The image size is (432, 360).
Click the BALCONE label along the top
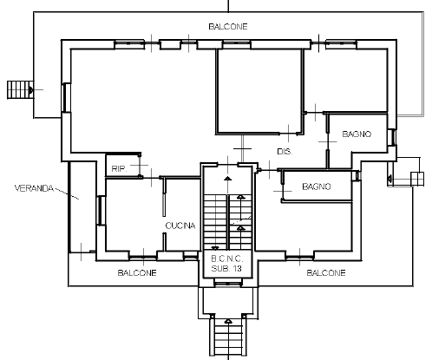point(228,27)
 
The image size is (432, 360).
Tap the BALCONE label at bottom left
point(137,272)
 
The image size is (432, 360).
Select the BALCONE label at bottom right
point(326,272)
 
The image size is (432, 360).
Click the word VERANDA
point(34,188)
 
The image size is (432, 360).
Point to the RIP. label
point(119,169)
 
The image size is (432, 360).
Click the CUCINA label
point(180,226)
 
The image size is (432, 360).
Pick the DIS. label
point(285,152)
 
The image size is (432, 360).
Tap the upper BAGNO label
point(357,134)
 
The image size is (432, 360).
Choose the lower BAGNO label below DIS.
point(317,187)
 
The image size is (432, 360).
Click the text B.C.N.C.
point(227,259)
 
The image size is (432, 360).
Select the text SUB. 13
point(226,268)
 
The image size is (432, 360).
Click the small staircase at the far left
point(20,90)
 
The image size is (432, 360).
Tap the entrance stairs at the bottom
point(228,336)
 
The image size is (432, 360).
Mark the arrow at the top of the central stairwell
point(228,178)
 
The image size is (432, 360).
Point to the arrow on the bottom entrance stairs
point(228,321)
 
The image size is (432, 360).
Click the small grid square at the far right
point(417,179)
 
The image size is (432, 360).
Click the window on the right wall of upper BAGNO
point(392,137)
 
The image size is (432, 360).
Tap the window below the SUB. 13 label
point(228,282)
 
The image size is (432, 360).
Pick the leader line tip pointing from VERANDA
point(79,199)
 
